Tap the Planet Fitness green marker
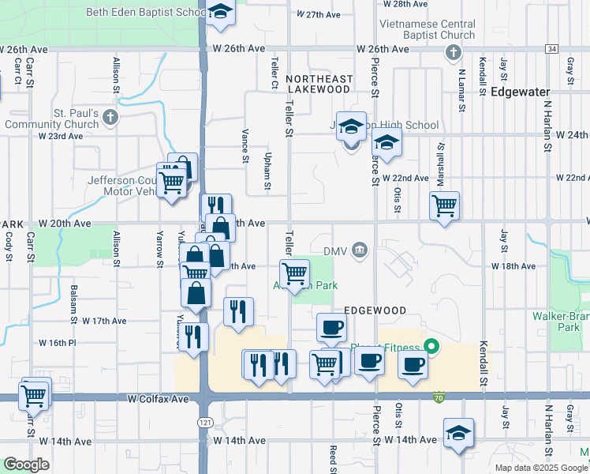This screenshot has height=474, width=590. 431,346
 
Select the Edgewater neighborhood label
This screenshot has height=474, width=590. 520,92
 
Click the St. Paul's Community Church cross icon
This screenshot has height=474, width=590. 110,118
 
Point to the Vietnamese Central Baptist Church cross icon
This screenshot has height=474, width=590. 453,53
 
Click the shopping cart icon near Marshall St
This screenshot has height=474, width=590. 445,205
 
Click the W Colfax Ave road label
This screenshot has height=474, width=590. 159,400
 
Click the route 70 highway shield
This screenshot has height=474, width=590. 438,397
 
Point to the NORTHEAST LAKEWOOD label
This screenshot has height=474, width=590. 319,84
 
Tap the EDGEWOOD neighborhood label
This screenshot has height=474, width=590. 375,311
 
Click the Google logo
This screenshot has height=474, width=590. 26,465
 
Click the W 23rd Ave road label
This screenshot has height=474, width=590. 61,136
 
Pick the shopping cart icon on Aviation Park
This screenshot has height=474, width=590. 294,273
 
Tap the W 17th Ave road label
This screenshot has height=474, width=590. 104,321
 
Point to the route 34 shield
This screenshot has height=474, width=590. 551,49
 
